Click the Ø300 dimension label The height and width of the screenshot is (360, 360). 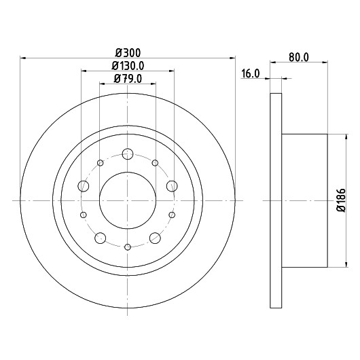(128, 53)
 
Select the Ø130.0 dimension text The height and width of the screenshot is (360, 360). (128, 66)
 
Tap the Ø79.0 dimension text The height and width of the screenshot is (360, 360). (128, 79)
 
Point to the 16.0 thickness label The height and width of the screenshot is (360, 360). (251, 74)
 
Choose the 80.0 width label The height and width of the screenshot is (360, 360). (299, 58)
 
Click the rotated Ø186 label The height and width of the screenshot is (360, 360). (341, 200)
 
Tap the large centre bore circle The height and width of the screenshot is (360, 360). (99, 200)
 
